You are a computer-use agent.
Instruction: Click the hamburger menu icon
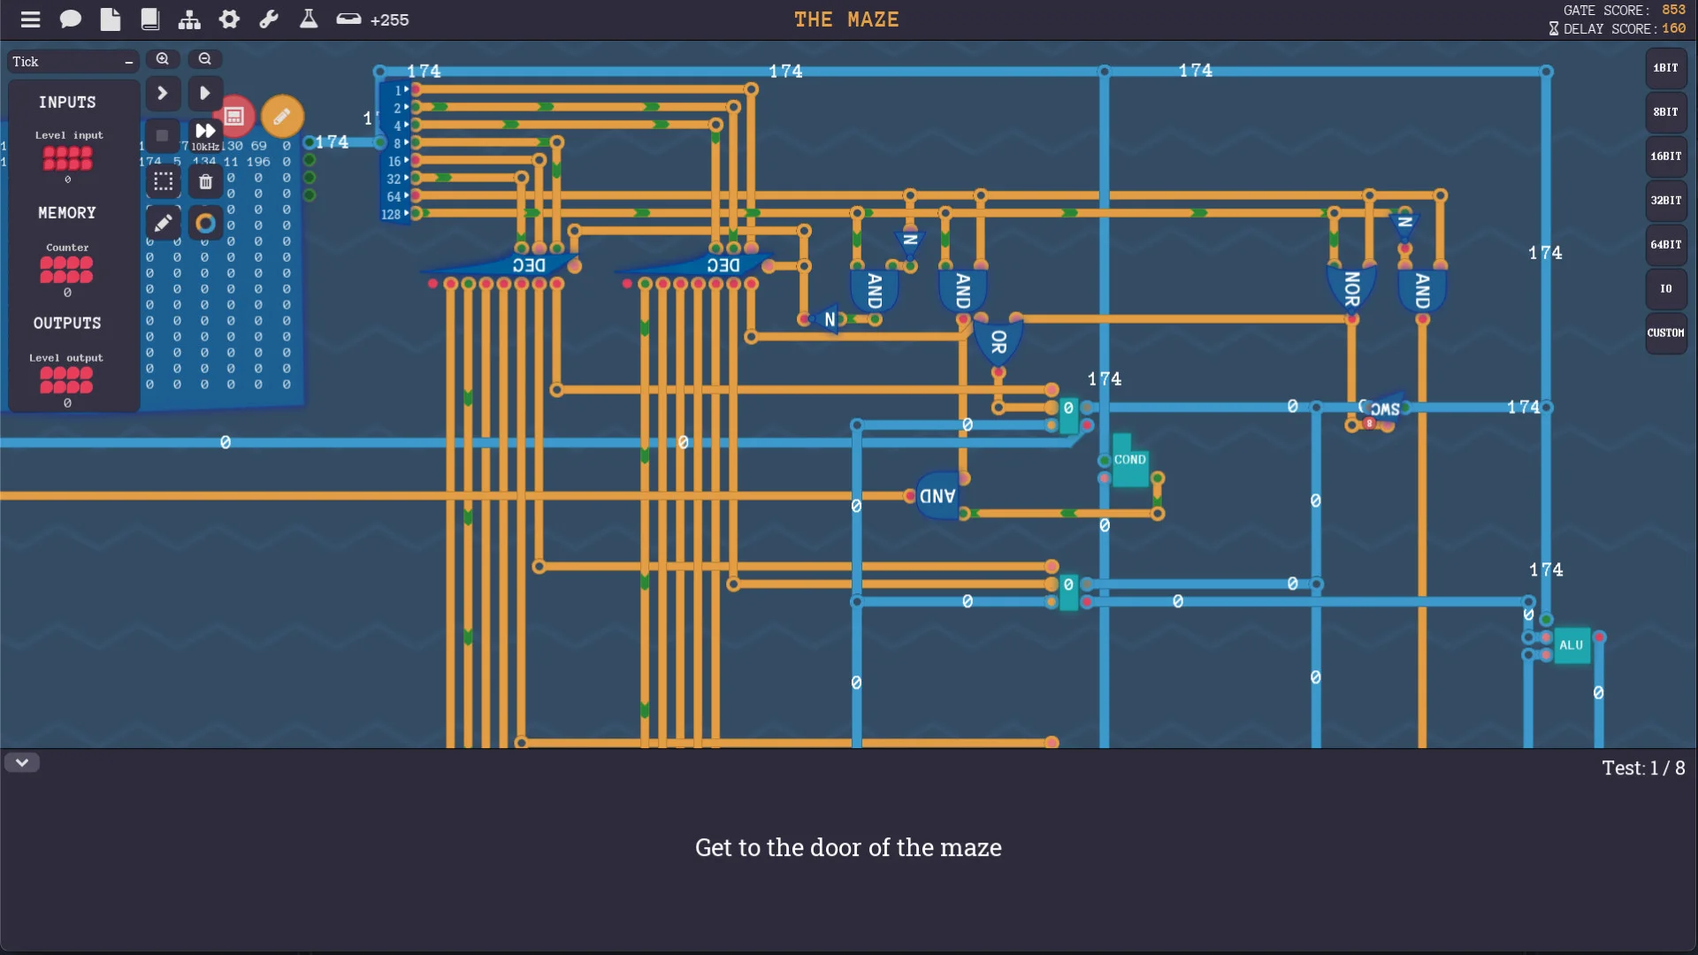tap(30, 19)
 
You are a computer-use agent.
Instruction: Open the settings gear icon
tap(229, 19)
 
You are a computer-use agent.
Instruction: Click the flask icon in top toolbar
tap(308, 19)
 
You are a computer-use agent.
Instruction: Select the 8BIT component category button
tap(1665, 112)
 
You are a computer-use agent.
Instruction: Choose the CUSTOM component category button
tap(1665, 333)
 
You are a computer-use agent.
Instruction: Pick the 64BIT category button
tap(1665, 245)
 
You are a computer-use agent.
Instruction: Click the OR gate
tap(998, 341)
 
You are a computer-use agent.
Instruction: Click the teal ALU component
tap(1572, 646)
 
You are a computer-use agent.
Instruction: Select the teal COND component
tap(1129, 461)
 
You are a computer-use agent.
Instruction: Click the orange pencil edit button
tap(282, 116)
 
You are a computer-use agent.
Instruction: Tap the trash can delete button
tap(205, 182)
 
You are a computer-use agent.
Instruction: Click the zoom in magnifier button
tap(163, 59)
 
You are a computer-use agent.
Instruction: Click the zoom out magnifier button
tap(205, 59)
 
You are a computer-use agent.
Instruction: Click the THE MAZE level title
tap(846, 19)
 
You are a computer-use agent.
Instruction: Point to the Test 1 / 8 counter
tap(1643, 768)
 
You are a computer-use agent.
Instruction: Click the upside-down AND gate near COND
tap(937, 496)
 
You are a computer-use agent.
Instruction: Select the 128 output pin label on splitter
tap(391, 215)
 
